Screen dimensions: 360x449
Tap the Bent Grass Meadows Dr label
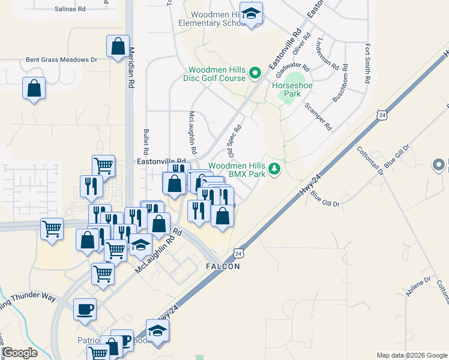61,60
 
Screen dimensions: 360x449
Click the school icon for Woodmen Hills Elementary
253,14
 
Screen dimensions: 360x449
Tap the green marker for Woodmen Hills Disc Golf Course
255,74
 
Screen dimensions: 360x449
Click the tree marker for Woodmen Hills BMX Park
274,169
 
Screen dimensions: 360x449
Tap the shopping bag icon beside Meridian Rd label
118,46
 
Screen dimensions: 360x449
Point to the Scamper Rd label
318,116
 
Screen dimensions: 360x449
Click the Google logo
20,353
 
